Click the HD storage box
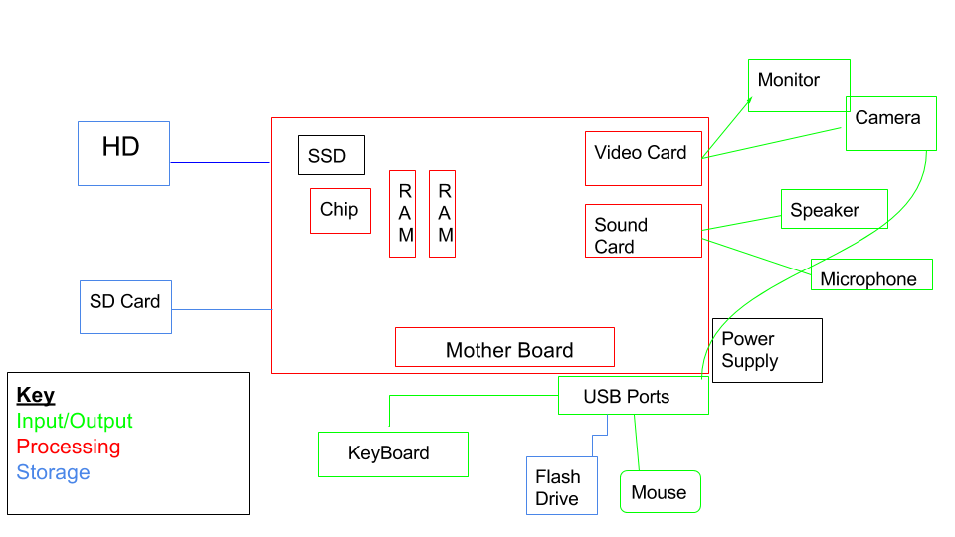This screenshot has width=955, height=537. pyautogui.click(x=123, y=153)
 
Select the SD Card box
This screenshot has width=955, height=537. pyautogui.click(x=125, y=306)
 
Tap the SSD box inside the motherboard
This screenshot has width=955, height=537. pyautogui.click(x=331, y=155)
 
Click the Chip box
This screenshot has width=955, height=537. pyautogui.click(x=340, y=211)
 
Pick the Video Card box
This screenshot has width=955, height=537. pyautogui.click(x=643, y=158)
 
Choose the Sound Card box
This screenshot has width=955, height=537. pyautogui.click(x=643, y=231)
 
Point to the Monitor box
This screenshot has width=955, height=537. pyautogui.click(x=798, y=86)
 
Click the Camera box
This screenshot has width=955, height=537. pyautogui.click(x=890, y=123)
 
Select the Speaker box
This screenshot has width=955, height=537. pyautogui.click(x=834, y=209)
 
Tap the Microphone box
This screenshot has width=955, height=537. pyautogui.click(x=871, y=274)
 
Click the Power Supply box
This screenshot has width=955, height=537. pyautogui.click(x=767, y=350)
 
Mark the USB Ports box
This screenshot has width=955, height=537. pyautogui.click(x=633, y=396)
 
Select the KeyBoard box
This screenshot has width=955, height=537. pyautogui.click(x=393, y=453)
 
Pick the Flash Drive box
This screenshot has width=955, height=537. pyautogui.click(x=561, y=486)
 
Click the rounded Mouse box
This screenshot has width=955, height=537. pyautogui.click(x=660, y=492)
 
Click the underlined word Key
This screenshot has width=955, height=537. pyautogui.click(x=36, y=395)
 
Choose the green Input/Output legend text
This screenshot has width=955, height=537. pyautogui.click(x=75, y=421)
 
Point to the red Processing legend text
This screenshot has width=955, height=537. pyautogui.click(x=69, y=447)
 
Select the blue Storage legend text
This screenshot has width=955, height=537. pyautogui.click(x=54, y=472)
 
